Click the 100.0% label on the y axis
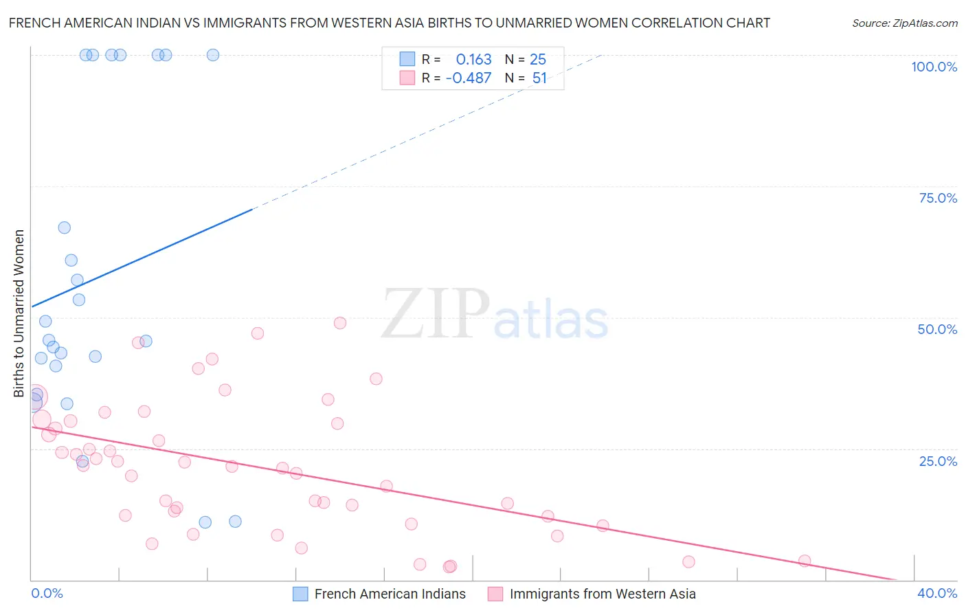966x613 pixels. click(x=934, y=67)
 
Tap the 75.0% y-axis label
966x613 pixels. click(x=938, y=198)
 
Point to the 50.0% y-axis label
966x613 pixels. click(x=937, y=329)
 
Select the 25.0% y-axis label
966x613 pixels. click(x=938, y=461)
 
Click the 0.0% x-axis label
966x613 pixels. click(x=47, y=593)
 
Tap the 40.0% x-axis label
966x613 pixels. click(x=937, y=593)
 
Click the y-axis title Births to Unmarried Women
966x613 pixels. click(x=19, y=313)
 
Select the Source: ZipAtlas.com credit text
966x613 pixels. click(x=904, y=23)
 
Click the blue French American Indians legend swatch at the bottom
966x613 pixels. click(x=300, y=594)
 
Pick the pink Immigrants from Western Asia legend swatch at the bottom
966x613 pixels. click(x=495, y=594)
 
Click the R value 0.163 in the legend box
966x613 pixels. click(x=473, y=59)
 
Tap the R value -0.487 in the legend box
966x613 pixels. click(x=469, y=78)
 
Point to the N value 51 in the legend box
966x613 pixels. click(x=539, y=78)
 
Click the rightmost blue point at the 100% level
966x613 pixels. click(x=213, y=55)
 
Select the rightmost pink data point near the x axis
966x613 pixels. click(x=805, y=561)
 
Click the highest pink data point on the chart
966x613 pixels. click(x=339, y=323)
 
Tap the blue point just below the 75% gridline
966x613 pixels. click(x=64, y=227)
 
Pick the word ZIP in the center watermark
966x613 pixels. click(x=436, y=314)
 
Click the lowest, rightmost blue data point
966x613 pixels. click(x=235, y=522)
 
